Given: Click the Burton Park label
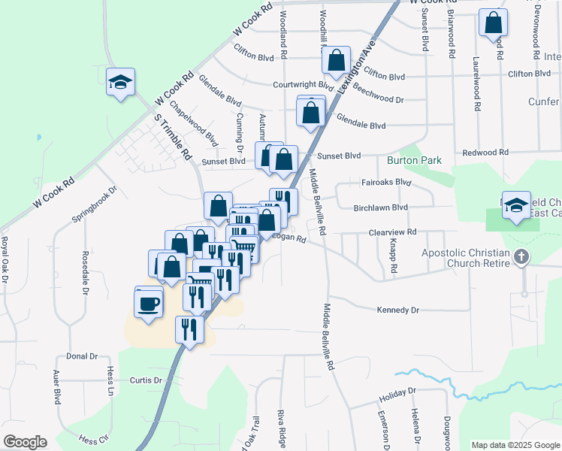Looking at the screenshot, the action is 414,160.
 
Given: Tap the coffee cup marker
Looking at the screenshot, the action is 148,304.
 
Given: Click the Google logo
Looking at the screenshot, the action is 25,442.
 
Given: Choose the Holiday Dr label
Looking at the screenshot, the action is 397,392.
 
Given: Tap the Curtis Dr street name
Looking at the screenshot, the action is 146,380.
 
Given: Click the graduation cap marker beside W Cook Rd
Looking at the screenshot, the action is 119,83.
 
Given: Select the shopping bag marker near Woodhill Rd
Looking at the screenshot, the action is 337,61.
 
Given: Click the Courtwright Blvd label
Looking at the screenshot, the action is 303,85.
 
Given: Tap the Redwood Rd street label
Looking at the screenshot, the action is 486,153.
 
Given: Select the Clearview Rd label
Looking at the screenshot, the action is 391,233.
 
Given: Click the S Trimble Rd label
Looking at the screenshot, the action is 173,135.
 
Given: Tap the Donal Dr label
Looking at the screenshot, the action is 82,356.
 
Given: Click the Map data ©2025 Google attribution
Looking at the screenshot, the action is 515,445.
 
